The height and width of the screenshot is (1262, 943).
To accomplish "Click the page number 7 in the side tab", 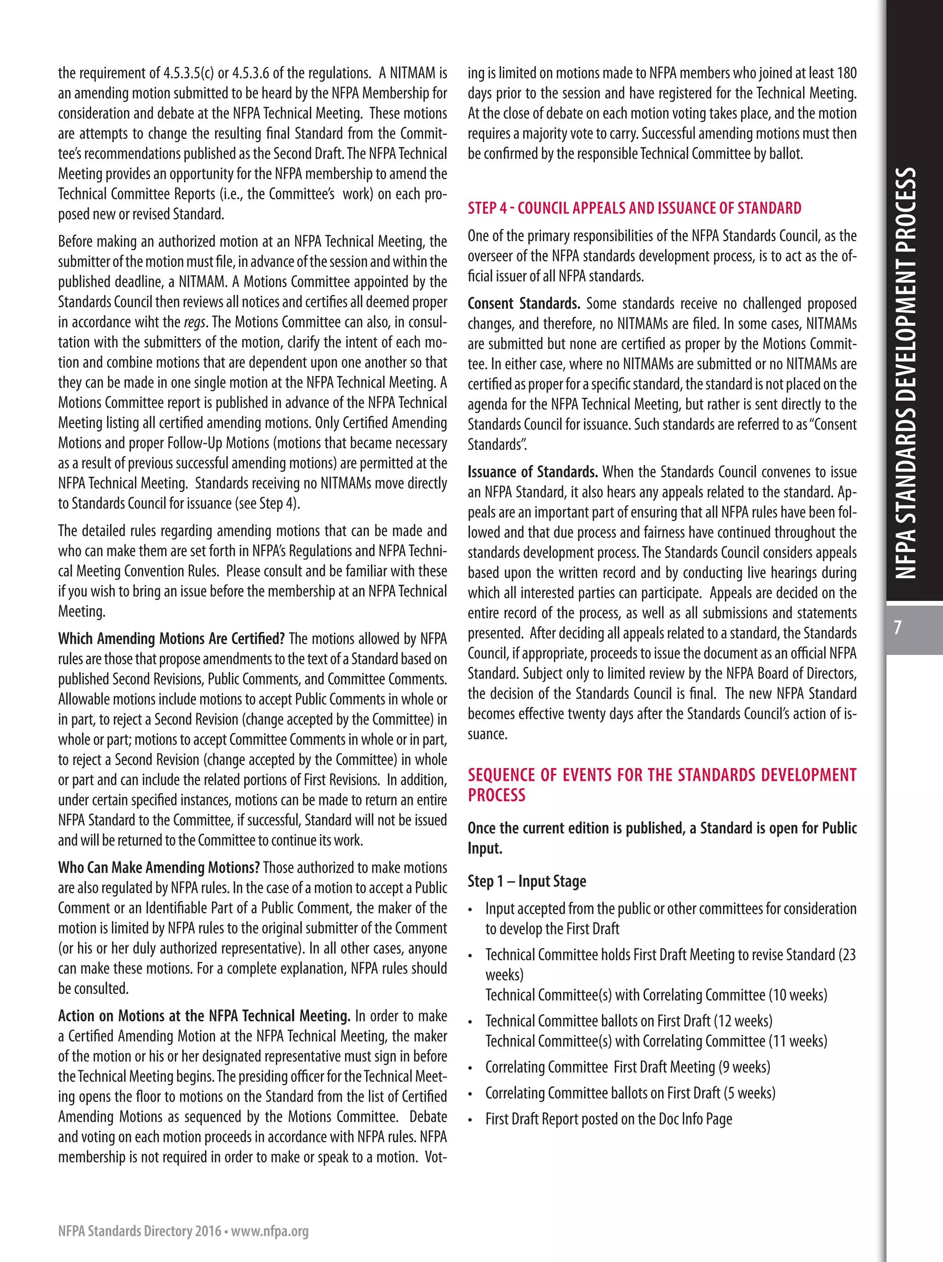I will point(897,628).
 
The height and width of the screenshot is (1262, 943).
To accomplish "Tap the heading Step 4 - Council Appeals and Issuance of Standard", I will point(634,208).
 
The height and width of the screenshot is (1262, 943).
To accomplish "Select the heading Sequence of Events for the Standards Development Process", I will point(662,785).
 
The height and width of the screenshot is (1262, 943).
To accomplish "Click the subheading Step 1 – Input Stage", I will point(527,881).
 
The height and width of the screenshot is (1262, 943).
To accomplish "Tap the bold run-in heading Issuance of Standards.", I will point(532,472).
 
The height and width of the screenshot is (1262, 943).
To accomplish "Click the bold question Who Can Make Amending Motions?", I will point(158,867).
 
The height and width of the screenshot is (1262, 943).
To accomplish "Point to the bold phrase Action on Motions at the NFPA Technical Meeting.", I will point(204,1016).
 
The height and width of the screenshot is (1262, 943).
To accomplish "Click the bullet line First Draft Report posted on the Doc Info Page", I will point(608,1119).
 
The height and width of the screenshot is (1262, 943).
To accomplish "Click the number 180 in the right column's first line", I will point(847,73).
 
